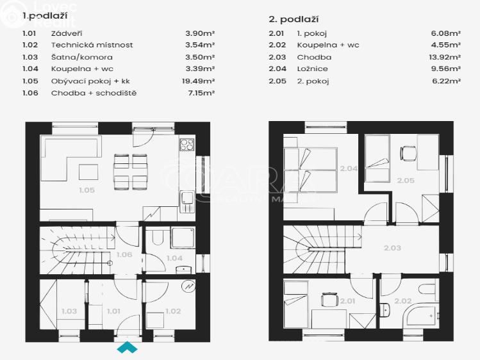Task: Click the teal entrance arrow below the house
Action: pos(127,348)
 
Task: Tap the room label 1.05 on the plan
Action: pos(87,190)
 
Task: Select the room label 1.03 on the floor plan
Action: pos(69,311)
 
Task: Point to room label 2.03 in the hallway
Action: pos(392,248)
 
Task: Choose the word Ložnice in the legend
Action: pos(312,69)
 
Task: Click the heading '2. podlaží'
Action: pos(295,20)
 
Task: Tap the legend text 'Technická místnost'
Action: pos(92,45)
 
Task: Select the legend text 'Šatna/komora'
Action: pos(82,57)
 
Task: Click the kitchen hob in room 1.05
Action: pos(187,145)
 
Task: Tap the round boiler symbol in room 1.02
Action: pos(188,286)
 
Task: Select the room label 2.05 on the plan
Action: pos(405,181)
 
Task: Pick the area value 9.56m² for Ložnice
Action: pos(447,69)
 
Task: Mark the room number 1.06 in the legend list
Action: pos(30,93)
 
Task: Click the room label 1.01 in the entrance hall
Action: pos(113,311)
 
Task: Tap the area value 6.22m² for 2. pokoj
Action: pos(447,81)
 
